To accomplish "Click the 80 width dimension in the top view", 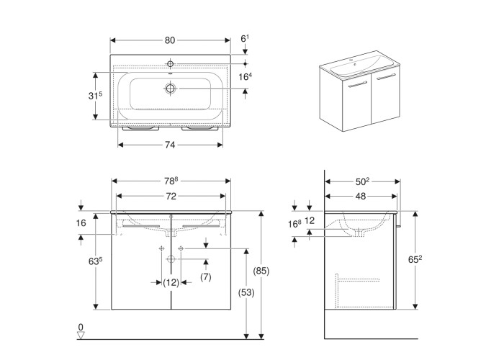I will (x=171, y=40).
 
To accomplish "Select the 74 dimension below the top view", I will (x=171, y=145).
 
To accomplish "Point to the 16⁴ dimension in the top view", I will (x=245, y=76).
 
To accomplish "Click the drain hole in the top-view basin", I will (x=171, y=88).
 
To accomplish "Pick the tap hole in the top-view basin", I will (x=171, y=61).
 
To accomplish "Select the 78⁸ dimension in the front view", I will (x=171, y=180).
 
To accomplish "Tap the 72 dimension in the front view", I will (x=171, y=196).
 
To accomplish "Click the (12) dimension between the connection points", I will (x=171, y=283).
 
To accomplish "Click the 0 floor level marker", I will (x=81, y=328).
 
